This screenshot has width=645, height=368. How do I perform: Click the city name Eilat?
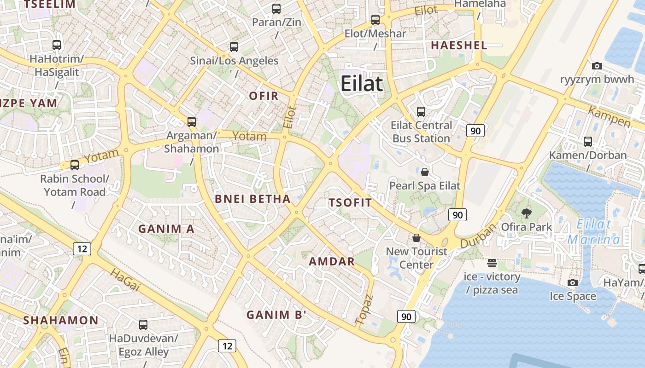point(362,84)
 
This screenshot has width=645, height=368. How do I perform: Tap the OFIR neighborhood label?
point(264,96)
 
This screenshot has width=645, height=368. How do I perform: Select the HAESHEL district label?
point(459,45)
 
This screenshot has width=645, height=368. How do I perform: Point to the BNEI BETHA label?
point(253,199)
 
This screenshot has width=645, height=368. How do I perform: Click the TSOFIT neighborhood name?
point(350,203)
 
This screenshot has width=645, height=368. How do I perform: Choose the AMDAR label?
point(332,261)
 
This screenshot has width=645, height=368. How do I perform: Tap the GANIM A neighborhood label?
point(166,229)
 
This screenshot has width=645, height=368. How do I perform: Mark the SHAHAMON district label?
point(61,320)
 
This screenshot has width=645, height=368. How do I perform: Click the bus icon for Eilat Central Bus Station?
point(421,111)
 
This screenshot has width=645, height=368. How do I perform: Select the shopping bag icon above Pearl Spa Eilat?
point(425,172)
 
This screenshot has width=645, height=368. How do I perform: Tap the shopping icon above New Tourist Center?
point(416,238)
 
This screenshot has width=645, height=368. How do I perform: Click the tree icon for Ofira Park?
point(526,213)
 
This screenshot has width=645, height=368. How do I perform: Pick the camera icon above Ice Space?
point(573,282)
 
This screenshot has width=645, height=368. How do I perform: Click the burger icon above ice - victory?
point(492,263)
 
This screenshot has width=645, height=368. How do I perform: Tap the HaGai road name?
point(125,280)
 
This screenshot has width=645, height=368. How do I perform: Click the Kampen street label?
point(609,117)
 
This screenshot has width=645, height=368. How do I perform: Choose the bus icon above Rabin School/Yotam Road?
point(75,165)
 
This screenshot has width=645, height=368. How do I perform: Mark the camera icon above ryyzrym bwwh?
point(597,66)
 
